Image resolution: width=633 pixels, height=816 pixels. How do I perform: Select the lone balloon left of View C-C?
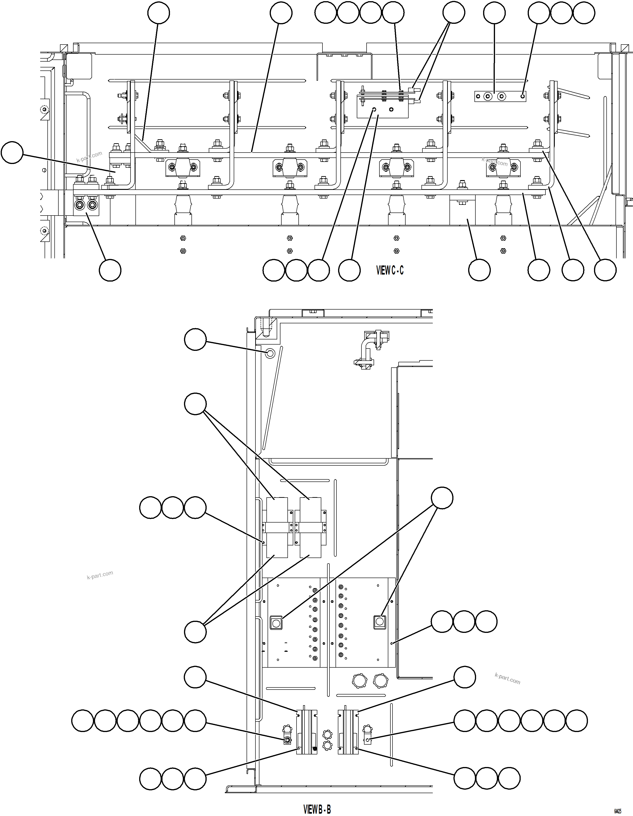tap(12, 152)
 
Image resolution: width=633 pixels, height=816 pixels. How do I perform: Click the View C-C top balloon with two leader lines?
tap(453, 13)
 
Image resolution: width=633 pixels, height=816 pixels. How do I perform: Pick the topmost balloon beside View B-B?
tap(195, 339)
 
